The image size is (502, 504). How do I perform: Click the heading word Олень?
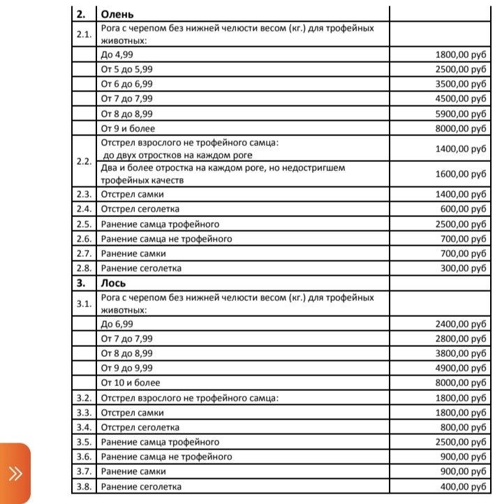[117, 13]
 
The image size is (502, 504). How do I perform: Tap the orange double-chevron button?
[15, 474]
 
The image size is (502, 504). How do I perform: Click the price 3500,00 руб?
[459, 83]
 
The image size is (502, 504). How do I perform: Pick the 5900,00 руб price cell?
[459, 113]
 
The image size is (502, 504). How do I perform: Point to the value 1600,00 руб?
[459, 173]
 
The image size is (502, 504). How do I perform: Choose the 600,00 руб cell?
[462, 209]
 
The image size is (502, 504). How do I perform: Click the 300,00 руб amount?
[462, 269]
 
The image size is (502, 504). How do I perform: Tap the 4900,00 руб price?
[459, 368]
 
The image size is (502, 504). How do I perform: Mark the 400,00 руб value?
[462, 487]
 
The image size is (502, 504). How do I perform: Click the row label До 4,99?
[117, 53]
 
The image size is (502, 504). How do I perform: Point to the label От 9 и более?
[128, 128]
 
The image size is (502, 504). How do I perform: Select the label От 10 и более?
[131, 383]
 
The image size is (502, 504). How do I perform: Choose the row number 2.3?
[84, 194]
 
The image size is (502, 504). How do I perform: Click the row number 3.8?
[84, 487]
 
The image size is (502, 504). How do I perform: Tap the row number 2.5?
[84, 224]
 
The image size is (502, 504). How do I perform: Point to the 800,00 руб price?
[462, 427]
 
